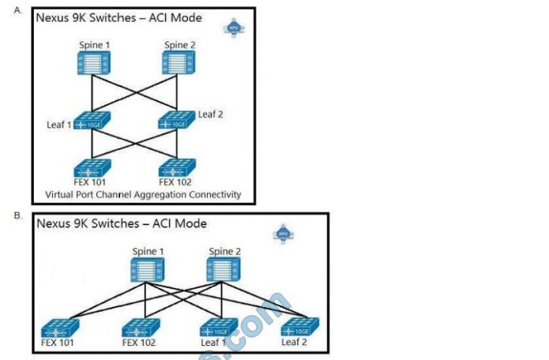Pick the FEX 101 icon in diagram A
pyautogui.click(x=92, y=169)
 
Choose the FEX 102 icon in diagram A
pyautogui.click(x=177, y=169)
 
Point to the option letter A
pyautogui.click(x=17, y=10)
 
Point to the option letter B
pyautogui.click(x=17, y=214)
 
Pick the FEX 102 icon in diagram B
pyautogui.click(x=141, y=328)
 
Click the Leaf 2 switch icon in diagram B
pyautogui.click(x=301, y=328)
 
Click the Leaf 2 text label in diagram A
pyautogui.click(x=210, y=114)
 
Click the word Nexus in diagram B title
pyautogui.click(x=54, y=223)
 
